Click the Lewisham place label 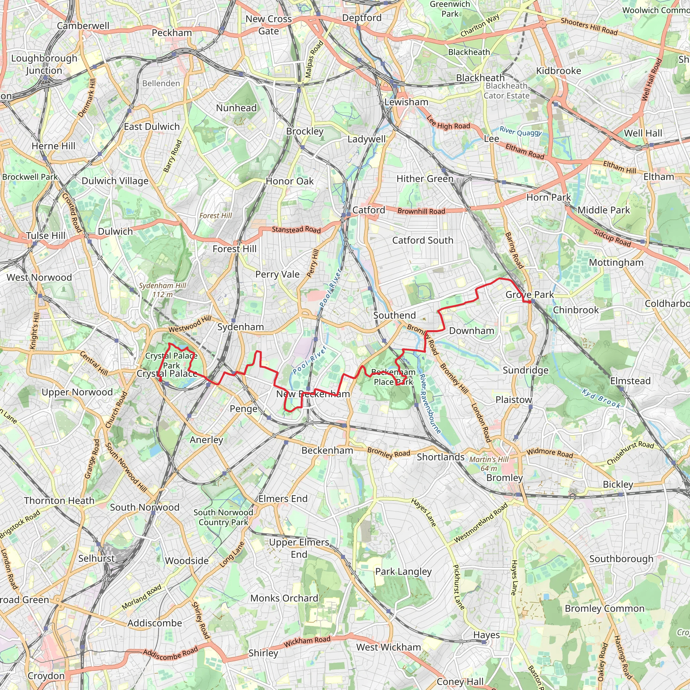[406, 102]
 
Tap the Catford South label [422, 240]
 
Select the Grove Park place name [529, 295]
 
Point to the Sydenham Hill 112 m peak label [162, 290]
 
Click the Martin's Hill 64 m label [489, 464]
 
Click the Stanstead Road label [296, 229]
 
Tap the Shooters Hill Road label [589, 26]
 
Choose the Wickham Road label [307, 640]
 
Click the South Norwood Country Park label [223, 517]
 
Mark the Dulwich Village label [115, 181]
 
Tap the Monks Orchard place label [284, 598]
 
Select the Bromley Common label [604, 608]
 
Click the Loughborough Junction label [44, 64]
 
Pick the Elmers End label [283, 499]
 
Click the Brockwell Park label [30, 177]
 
